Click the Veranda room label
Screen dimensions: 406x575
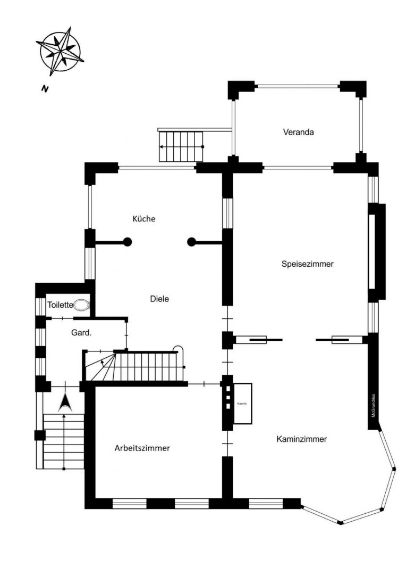point(298,132)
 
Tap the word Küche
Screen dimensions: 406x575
point(144,219)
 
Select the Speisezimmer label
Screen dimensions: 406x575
point(308,264)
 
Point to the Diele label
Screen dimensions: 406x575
point(159,299)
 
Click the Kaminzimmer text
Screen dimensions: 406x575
point(302,439)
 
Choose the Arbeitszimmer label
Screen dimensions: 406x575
point(142,448)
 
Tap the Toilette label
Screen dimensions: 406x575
point(60,305)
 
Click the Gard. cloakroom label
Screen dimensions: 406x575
point(81,333)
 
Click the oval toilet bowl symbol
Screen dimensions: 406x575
point(81,305)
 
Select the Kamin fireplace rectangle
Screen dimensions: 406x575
point(243,404)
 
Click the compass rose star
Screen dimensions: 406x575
point(60,51)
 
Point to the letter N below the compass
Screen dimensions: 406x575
point(45,89)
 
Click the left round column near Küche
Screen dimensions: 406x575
point(128,242)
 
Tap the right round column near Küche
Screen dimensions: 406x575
point(191,242)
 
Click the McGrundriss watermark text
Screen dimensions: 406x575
point(374,406)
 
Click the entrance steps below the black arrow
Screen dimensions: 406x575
point(64,441)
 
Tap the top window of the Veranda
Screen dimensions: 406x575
point(297,86)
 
